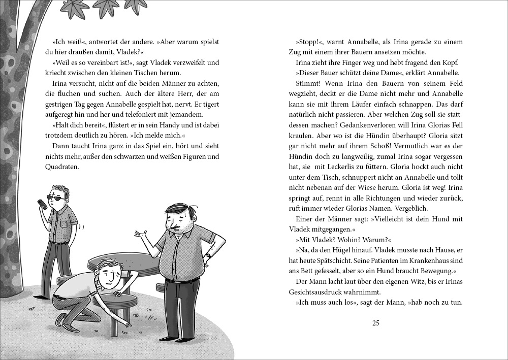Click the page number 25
tap(376, 323)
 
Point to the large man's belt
tap(182, 280)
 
